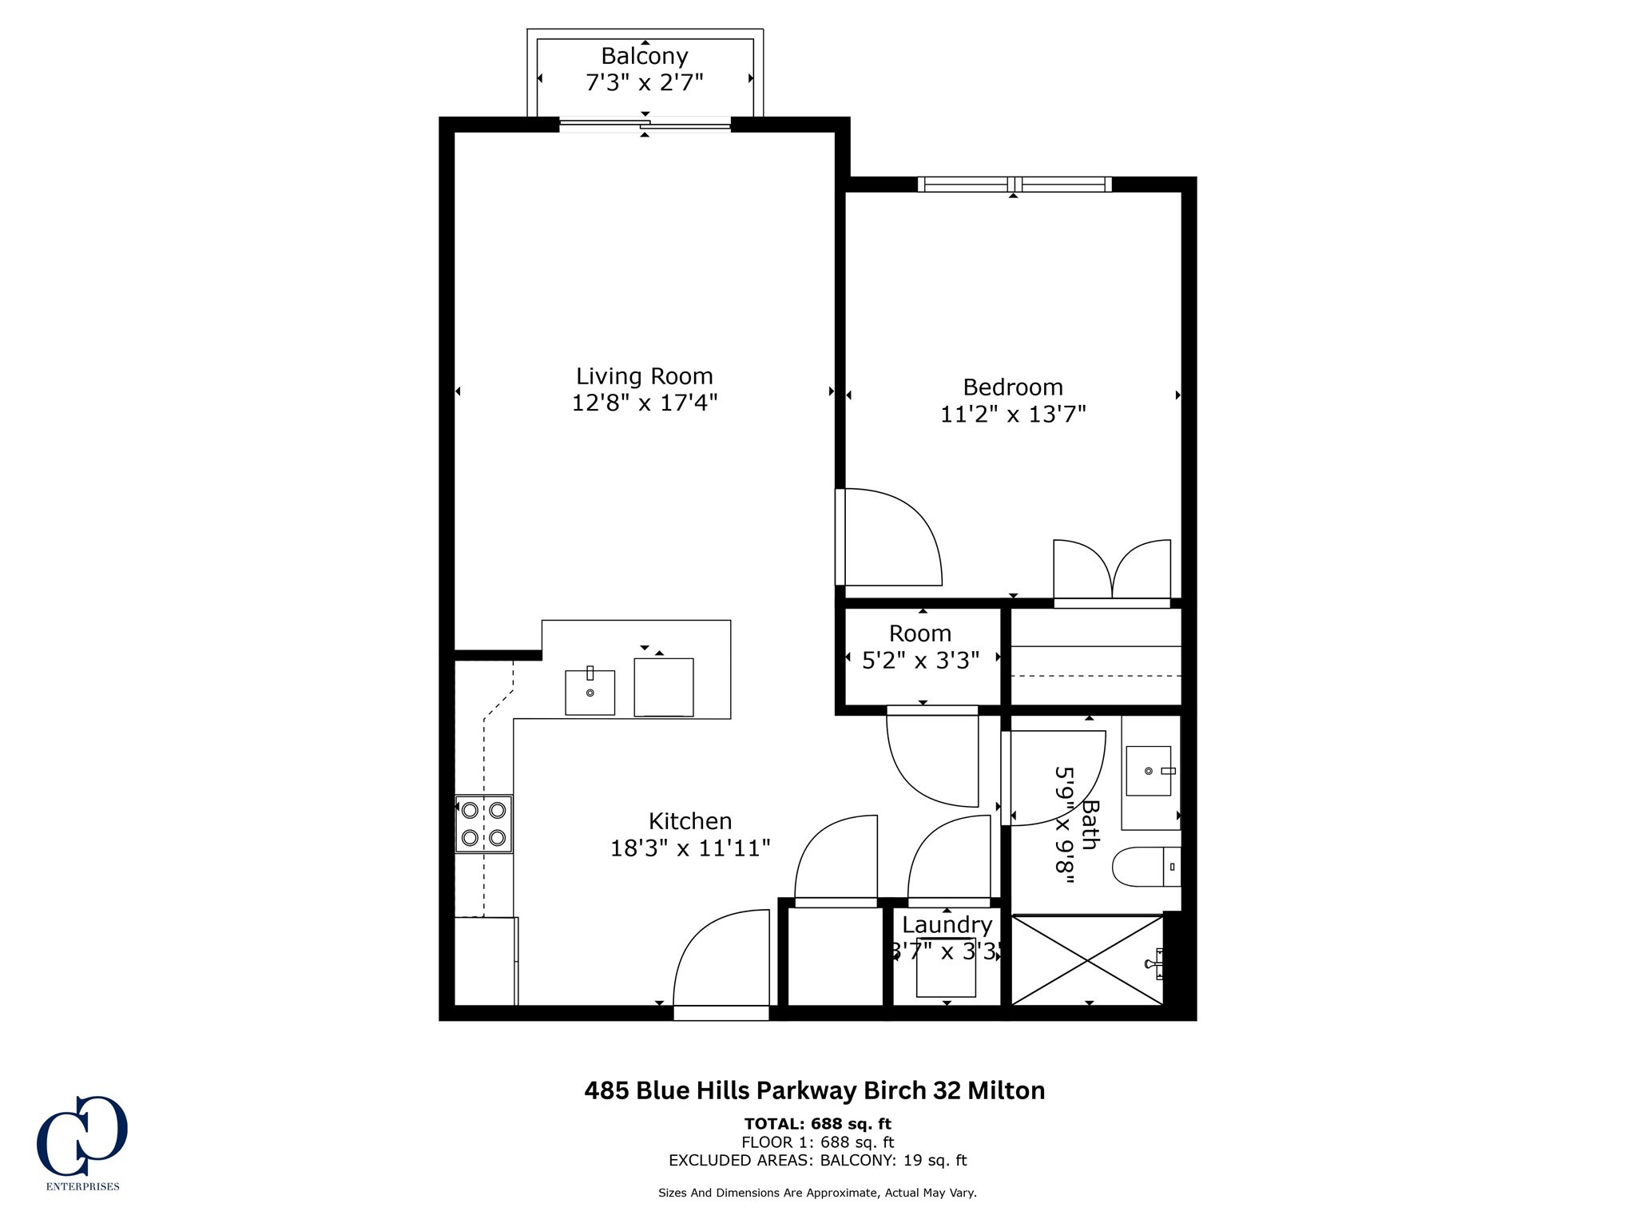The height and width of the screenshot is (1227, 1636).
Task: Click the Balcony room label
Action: [x=645, y=56]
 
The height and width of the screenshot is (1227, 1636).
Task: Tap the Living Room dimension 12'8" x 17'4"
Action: [x=645, y=403]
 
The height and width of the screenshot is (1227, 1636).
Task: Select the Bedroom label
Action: [x=1013, y=387]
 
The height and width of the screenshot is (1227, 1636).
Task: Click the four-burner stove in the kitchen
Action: [x=484, y=824]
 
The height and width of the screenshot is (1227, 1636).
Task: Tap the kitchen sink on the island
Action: [x=590, y=692]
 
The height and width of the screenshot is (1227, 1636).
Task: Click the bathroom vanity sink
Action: [x=1150, y=771]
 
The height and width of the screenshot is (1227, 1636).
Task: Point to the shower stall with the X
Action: [x=1087, y=960]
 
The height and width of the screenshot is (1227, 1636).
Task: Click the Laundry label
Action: [x=947, y=925]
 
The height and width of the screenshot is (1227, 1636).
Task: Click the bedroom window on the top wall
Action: [x=1015, y=185]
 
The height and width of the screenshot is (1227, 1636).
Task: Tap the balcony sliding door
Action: [x=645, y=124]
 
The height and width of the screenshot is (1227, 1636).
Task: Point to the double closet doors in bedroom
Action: [x=1112, y=571]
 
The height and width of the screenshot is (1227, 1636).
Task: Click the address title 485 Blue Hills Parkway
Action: [x=815, y=1090]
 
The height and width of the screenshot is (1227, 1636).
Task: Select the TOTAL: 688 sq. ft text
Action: [x=818, y=1124]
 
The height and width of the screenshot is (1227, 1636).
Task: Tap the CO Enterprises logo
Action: [x=82, y=1143]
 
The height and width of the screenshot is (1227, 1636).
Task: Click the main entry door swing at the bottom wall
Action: [x=721, y=959]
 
